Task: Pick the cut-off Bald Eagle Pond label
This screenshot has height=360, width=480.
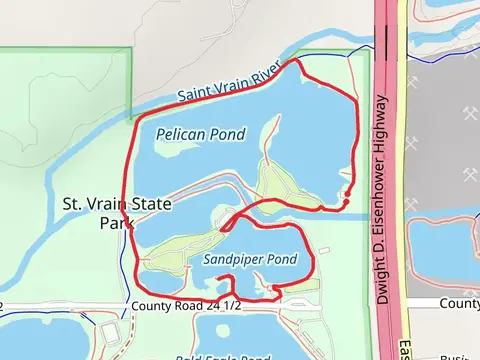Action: coord(223,356)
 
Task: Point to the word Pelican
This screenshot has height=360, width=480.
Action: coord(178,132)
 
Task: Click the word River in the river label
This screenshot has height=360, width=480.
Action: coord(269,73)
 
